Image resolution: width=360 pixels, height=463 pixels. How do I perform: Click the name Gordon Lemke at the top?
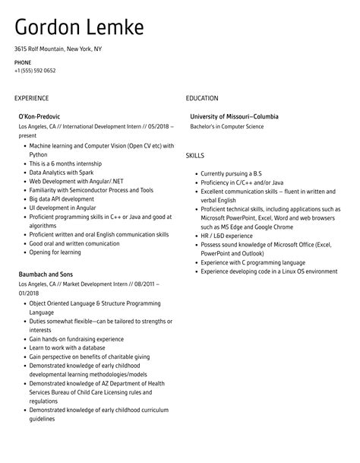(x=79, y=29)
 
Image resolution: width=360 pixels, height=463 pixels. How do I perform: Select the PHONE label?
(x=23, y=62)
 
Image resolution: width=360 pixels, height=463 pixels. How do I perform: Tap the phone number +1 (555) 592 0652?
(x=35, y=71)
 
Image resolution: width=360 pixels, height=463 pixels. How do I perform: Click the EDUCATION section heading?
(x=201, y=98)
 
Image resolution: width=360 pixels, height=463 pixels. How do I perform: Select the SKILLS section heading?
(x=196, y=155)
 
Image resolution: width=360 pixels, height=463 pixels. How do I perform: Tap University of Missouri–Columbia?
(x=233, y=116)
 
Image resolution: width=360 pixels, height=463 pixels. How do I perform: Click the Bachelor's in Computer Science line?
(x=226, y=126)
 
